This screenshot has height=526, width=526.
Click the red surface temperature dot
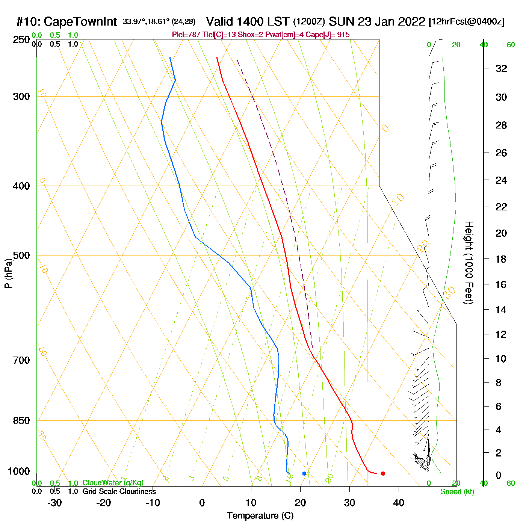(x=383, y=473)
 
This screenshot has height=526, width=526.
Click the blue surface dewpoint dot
(x=304, y=473)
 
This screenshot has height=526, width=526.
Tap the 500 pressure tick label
(x=21, y=255)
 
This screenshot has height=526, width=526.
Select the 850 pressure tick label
(x=21, y=421)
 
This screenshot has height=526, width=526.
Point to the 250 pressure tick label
(x=21, y=40)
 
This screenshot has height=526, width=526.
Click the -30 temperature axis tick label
(x=54, y=503)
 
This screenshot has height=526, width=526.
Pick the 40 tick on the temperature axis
(x=399, y=503)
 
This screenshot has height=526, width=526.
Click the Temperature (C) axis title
(x=260, y=516)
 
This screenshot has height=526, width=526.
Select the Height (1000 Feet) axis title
(x=469, y=263)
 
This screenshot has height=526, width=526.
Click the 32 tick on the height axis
(x=501, y=69)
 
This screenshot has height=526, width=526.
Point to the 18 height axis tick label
(x=501, y=259)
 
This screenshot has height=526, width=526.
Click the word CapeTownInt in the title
(x=80, y=22)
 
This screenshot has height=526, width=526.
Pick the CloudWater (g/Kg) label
(x=113, y=483)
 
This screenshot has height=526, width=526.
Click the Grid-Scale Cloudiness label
(x=119, y=491)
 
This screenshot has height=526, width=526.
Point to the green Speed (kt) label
(x=457, y=492)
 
